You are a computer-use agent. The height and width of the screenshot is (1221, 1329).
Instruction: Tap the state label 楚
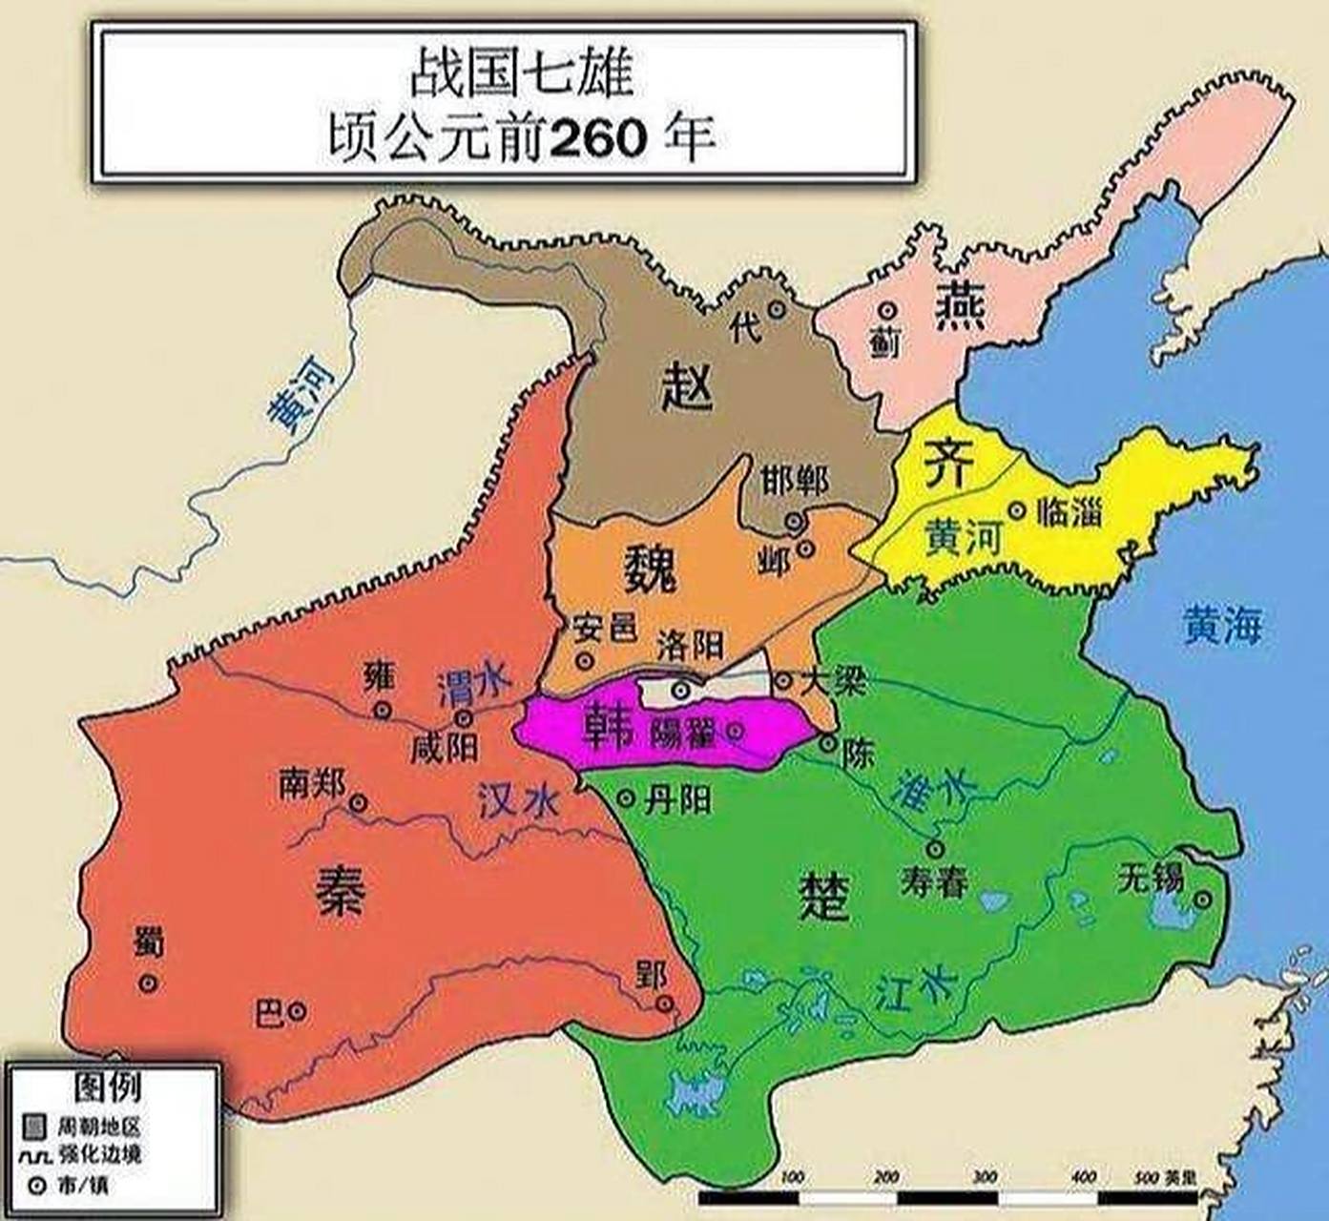823,898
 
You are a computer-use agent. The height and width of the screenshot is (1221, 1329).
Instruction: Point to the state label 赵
687,387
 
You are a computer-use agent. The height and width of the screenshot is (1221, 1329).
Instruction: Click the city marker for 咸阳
465,718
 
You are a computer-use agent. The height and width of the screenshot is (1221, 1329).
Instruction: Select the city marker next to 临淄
1018,510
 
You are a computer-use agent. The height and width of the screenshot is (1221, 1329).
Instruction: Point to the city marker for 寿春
936,848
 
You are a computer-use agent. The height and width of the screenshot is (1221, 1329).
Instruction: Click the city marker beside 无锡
1204,899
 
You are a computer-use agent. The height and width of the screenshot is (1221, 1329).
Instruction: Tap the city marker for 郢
665,1003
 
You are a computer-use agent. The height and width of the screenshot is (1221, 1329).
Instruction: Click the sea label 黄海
1222,625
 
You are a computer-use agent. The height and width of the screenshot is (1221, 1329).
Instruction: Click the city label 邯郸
795,482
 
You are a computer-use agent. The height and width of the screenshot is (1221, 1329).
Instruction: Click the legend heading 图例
108,1086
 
